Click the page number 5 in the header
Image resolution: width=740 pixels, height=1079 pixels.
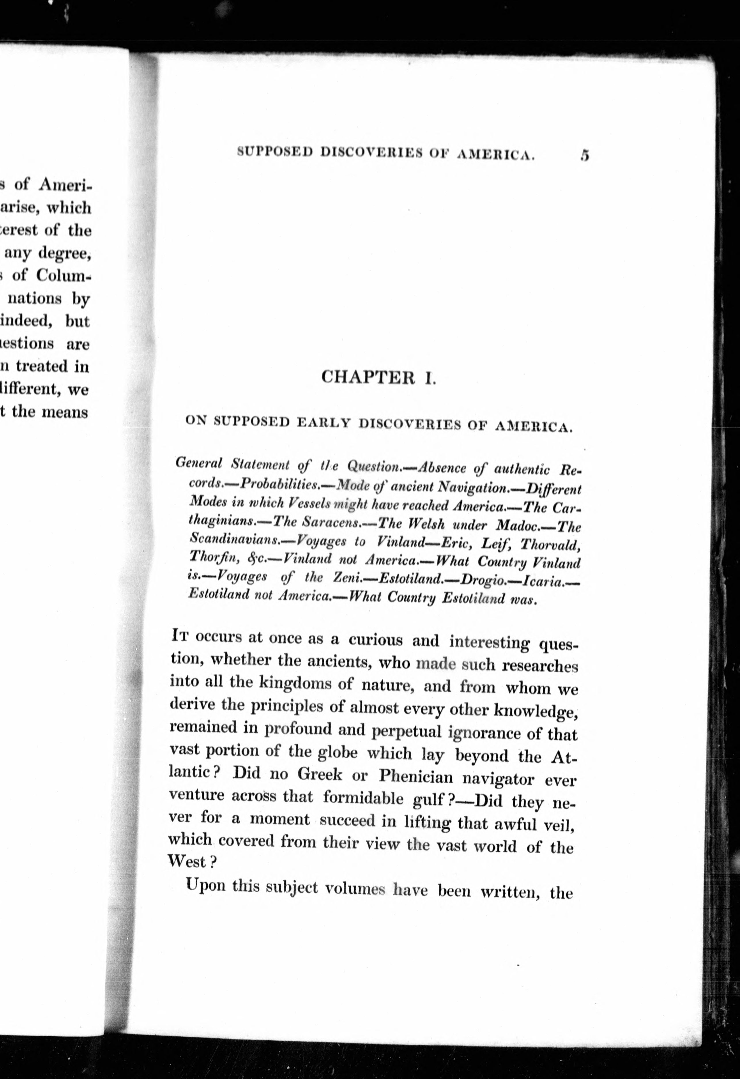pos(584,155)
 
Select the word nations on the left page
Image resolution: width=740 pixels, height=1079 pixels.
pos(35,299)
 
